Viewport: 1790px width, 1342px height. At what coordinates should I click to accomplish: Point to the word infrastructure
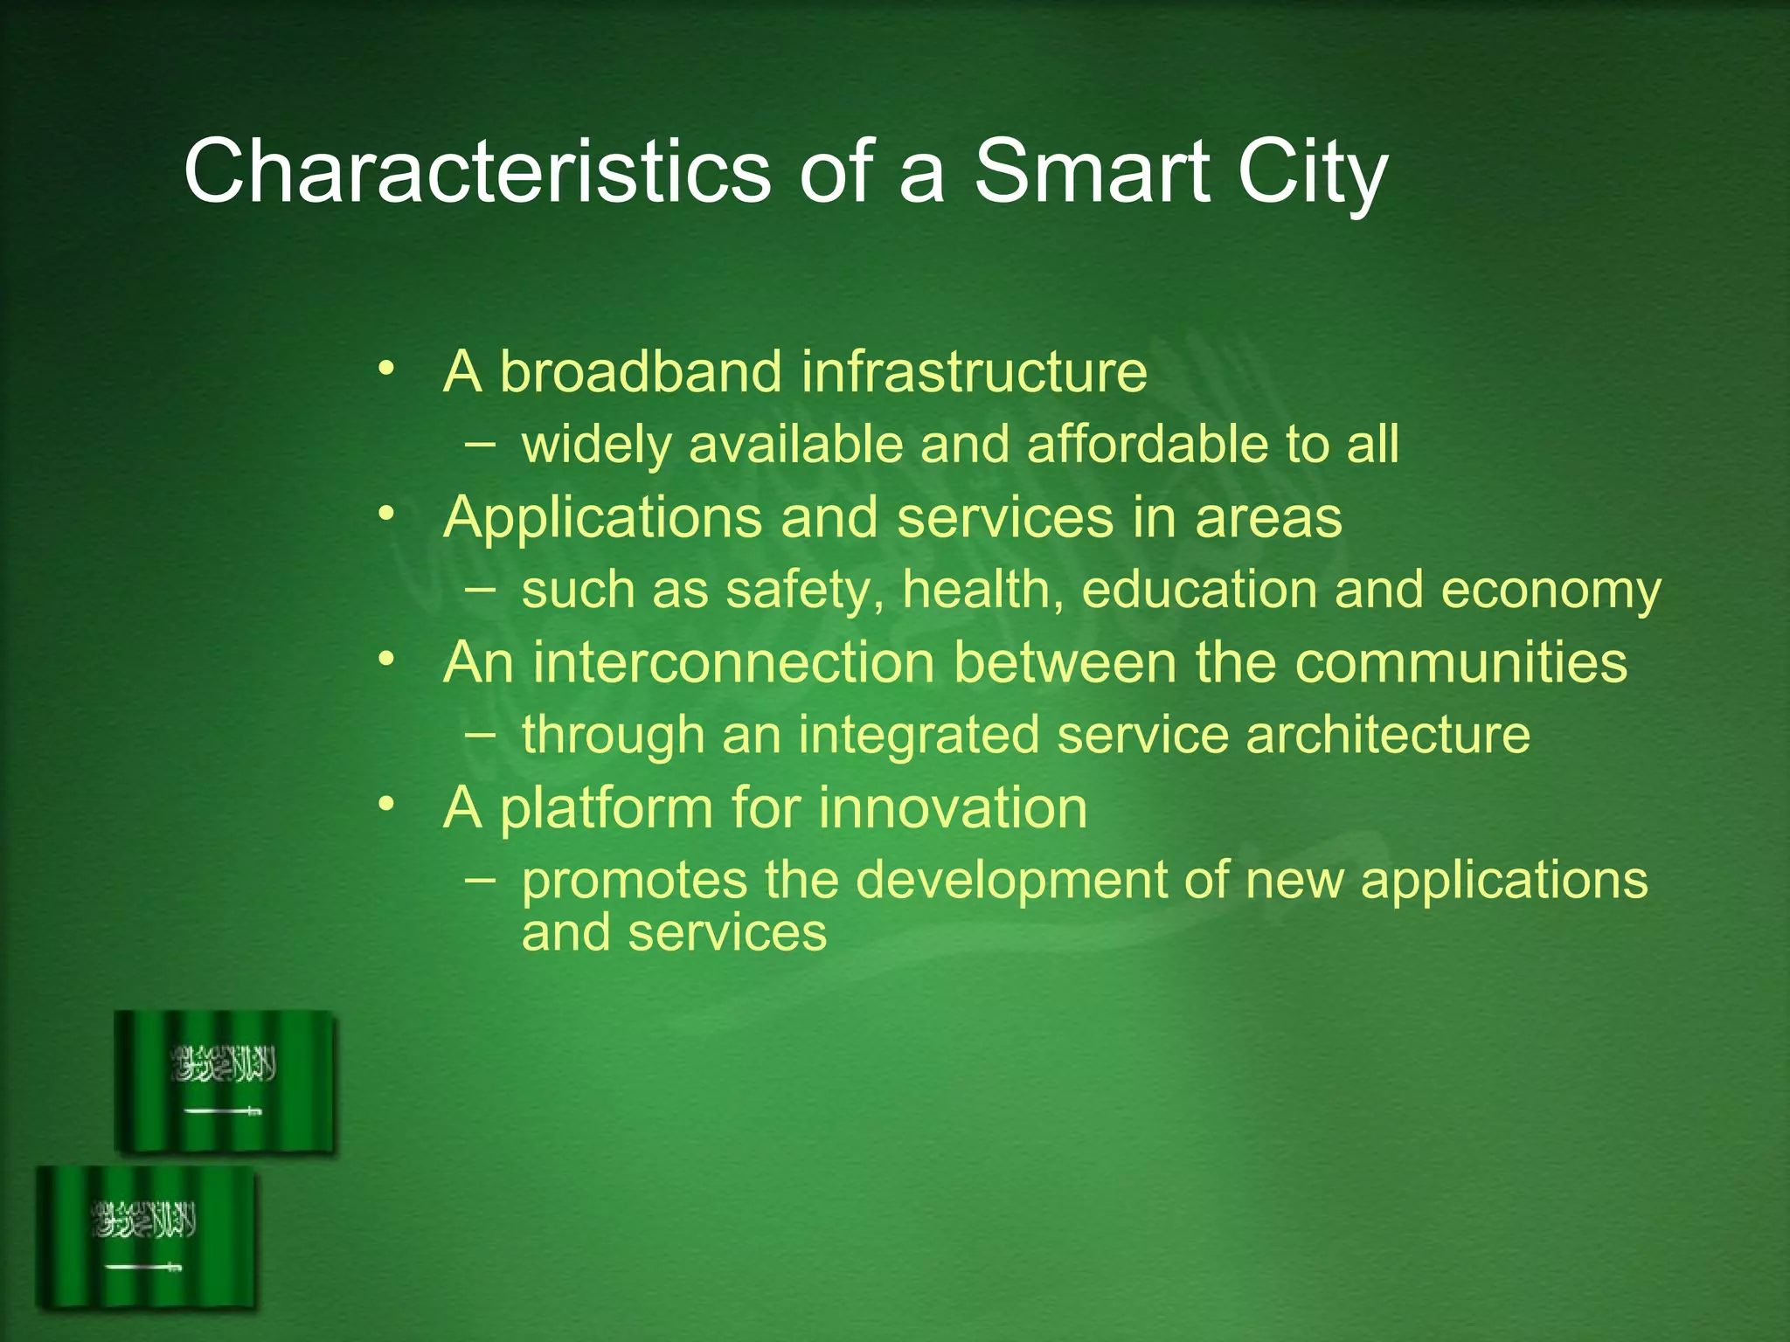click(974, 372)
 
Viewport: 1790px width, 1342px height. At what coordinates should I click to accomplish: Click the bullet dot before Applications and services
click(386, 514)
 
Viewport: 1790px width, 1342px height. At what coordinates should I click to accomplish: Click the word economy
click(1550, 591)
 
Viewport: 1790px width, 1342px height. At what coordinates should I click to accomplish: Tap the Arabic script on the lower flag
click(144, 1220)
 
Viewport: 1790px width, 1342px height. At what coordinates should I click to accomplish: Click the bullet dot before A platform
click(386, 804)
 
